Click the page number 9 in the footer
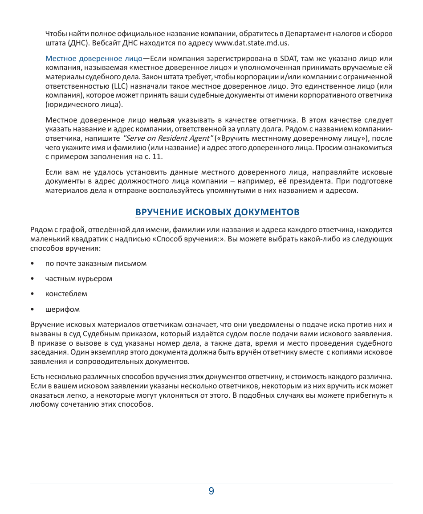(211, 491)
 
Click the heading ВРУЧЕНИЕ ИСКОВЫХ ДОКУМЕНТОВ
(217, 212)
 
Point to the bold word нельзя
(161, 120)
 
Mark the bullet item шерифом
(62, 309)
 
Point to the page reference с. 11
(155, 156)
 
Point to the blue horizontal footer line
(211, 484)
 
